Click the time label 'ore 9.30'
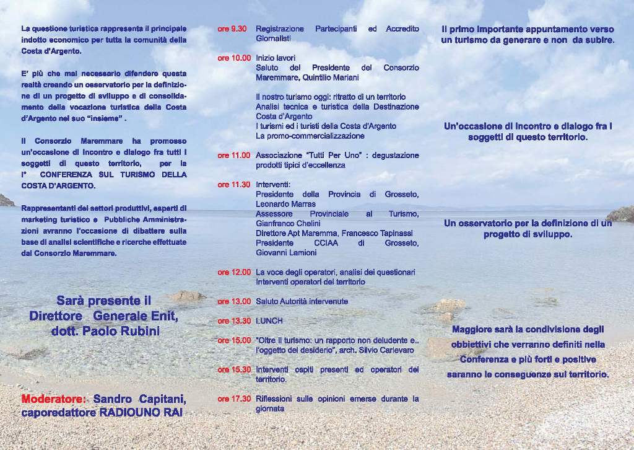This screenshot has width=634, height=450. [x=232, y=29]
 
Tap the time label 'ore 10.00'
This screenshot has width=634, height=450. [x=234, y=58]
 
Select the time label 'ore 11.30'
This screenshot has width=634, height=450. [x=234, y=185]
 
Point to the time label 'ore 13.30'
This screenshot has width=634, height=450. [x=234, y=321]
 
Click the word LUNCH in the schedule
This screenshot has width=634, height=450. [x=269, y=321]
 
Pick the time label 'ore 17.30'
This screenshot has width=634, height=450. [x=234, y=399]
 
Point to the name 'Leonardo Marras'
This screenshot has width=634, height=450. [x=285, y=204]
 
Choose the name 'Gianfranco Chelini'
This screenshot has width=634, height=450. [x=289, y=223]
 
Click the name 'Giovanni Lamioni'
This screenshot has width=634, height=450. [x=286, y=252]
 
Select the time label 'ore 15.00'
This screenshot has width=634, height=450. [x=234, y=340]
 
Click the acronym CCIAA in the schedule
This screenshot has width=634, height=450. [x=328, y=243]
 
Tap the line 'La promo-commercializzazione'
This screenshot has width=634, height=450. [x=310, y=136]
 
